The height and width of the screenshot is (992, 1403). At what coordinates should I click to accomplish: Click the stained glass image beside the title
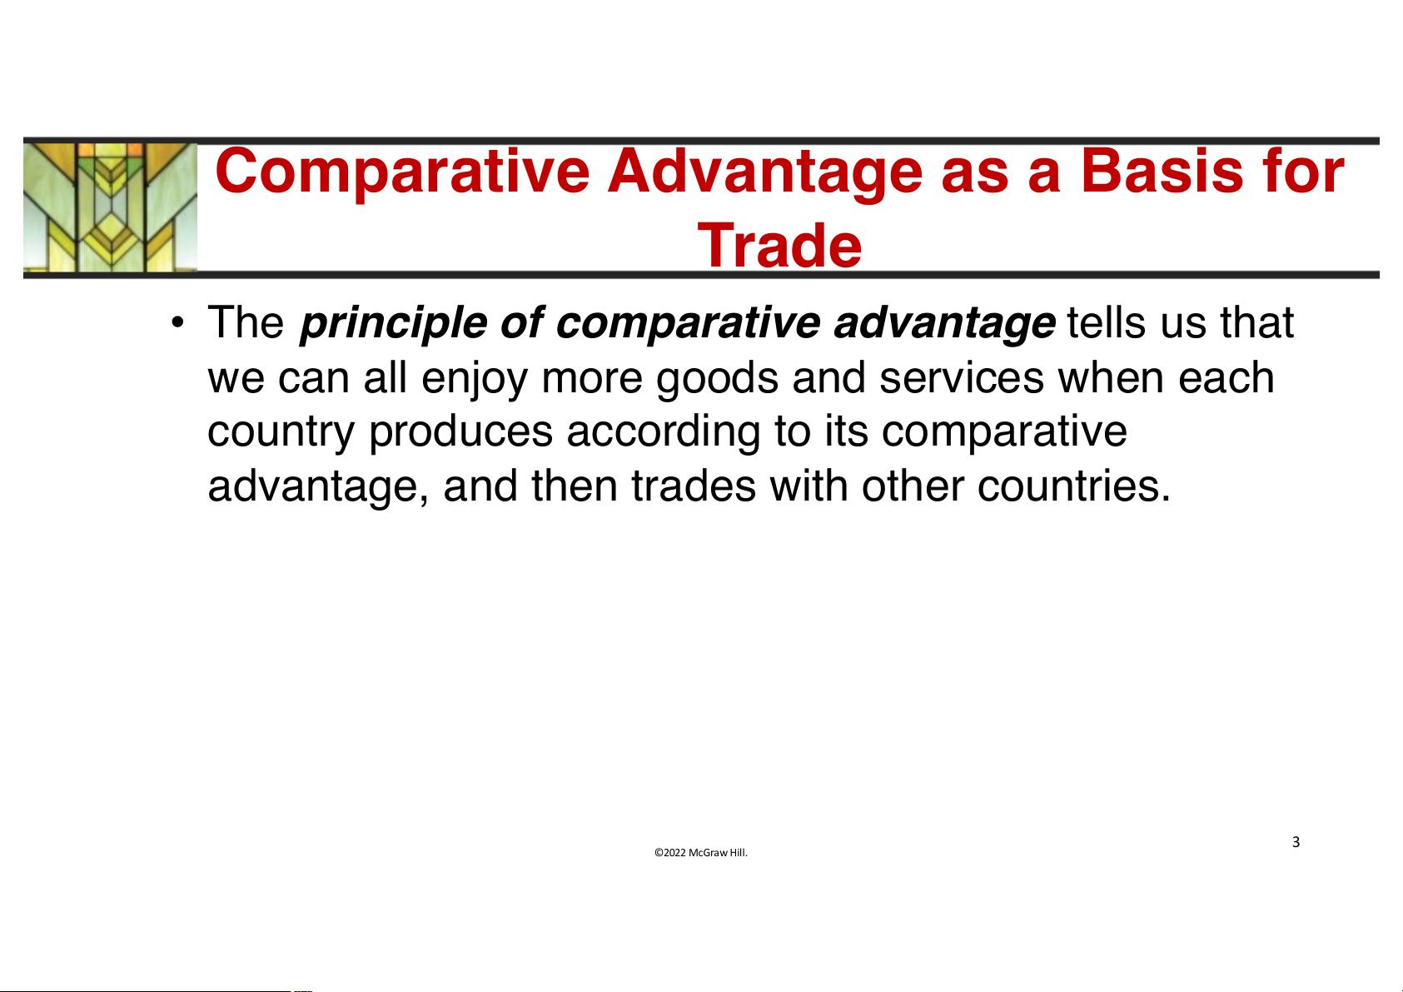pyautogui.click(x=110, y=207)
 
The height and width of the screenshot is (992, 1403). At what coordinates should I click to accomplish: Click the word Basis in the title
pyautogui.click(x=1162, y=171)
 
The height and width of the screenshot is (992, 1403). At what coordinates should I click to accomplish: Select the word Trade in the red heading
pyautogui.click(x=780, y=245)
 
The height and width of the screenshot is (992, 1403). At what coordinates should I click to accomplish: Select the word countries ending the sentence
pyautogui.click(x=1073, y=486)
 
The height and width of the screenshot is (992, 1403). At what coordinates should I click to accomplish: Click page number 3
pyautogui.click(x=1296, y=841)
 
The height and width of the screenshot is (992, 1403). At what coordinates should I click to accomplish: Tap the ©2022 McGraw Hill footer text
pyautogui.click(x=701, y=852)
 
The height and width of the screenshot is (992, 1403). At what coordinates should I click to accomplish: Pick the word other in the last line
pyautogui.click(x=913, y=486)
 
